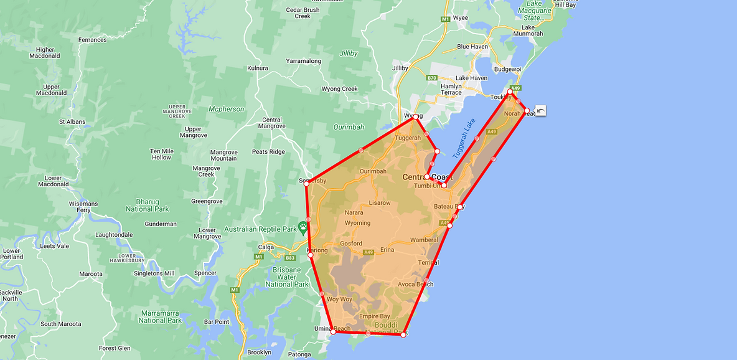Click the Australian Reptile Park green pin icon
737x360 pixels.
click(x=303, y=225)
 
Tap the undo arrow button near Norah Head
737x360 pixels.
click(x=540, y=111)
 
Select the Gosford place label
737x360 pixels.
click(x=351, y=244)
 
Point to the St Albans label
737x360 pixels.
click(x=71, y=121)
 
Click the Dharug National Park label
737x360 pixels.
click(x=152, y=205)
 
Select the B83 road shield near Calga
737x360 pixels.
click(x=289, y=258)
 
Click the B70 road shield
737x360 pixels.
click(x=432, y=78)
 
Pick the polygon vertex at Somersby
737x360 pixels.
click(x=306, y=183)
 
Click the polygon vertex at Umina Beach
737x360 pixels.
click(x=333, y=332)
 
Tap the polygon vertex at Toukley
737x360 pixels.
click(x=510, y=92)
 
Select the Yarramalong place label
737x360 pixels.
click(x=303, y=61)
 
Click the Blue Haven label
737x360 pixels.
click(x=472, y=47)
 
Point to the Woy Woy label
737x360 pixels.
click(x=339, y=300)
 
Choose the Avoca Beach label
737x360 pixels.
click(x=415, y=285)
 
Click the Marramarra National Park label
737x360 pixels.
click(x=160, y=316)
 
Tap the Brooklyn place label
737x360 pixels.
click(x=259, y=352)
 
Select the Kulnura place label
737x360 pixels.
click(x=258, y=68)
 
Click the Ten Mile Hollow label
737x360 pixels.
click(x=161, y=154)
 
